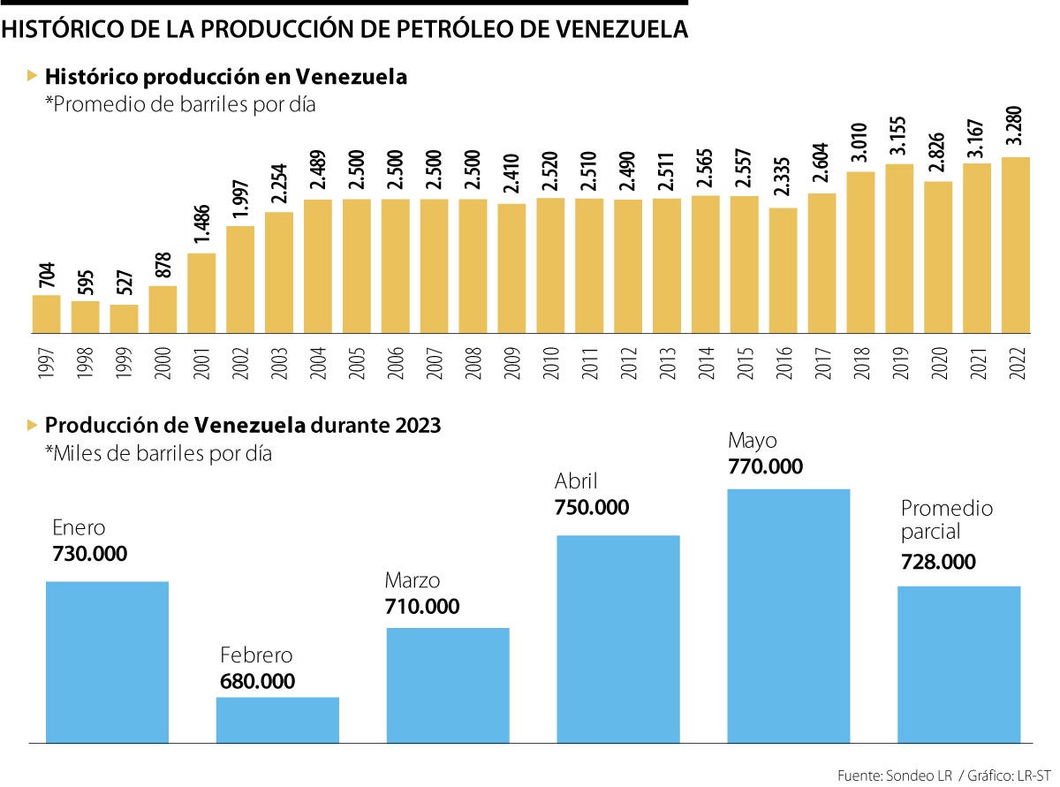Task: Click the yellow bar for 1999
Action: (124, 319)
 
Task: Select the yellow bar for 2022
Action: (1016, 245)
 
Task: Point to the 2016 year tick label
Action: (783, 362)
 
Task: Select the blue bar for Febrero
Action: (277, 720)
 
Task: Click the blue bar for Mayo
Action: (788, 616)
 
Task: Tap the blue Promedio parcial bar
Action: (958, 664)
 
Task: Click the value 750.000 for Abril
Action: (592, 508)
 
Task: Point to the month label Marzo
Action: (412, 581)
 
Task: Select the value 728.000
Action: (938, 562)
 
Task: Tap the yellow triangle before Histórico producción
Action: (33, 76)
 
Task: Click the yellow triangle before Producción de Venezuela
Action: (33, 425)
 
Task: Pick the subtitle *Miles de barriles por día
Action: (158, 454)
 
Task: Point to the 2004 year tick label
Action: (317, 362)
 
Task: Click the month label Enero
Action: (79, 528)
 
